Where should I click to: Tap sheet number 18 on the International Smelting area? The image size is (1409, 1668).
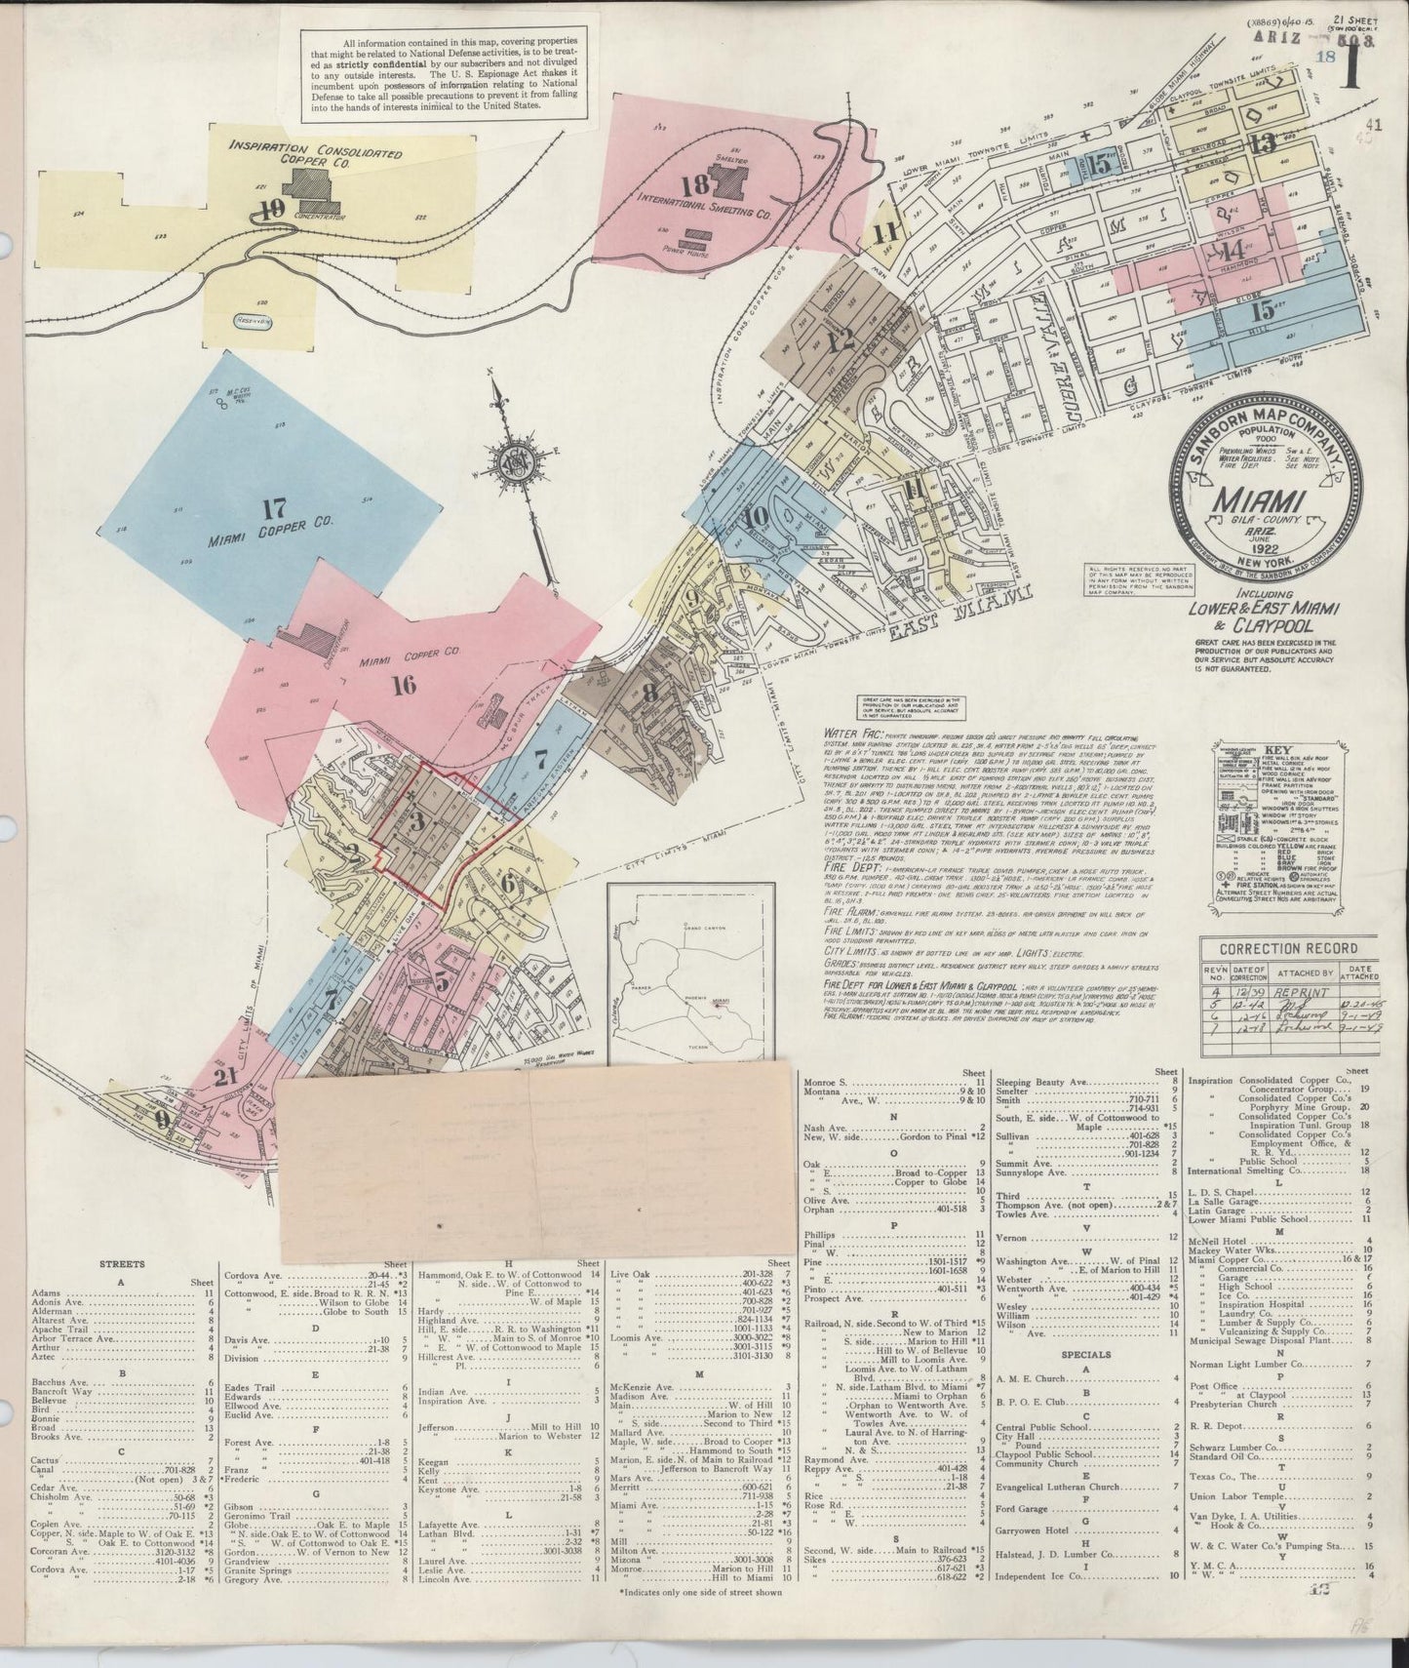click(694, 185)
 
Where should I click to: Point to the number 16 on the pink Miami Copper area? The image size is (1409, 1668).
click(403, 684)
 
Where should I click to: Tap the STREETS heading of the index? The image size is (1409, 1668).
click(122, 1263)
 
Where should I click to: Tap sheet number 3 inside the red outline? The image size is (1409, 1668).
click(417, 820)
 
